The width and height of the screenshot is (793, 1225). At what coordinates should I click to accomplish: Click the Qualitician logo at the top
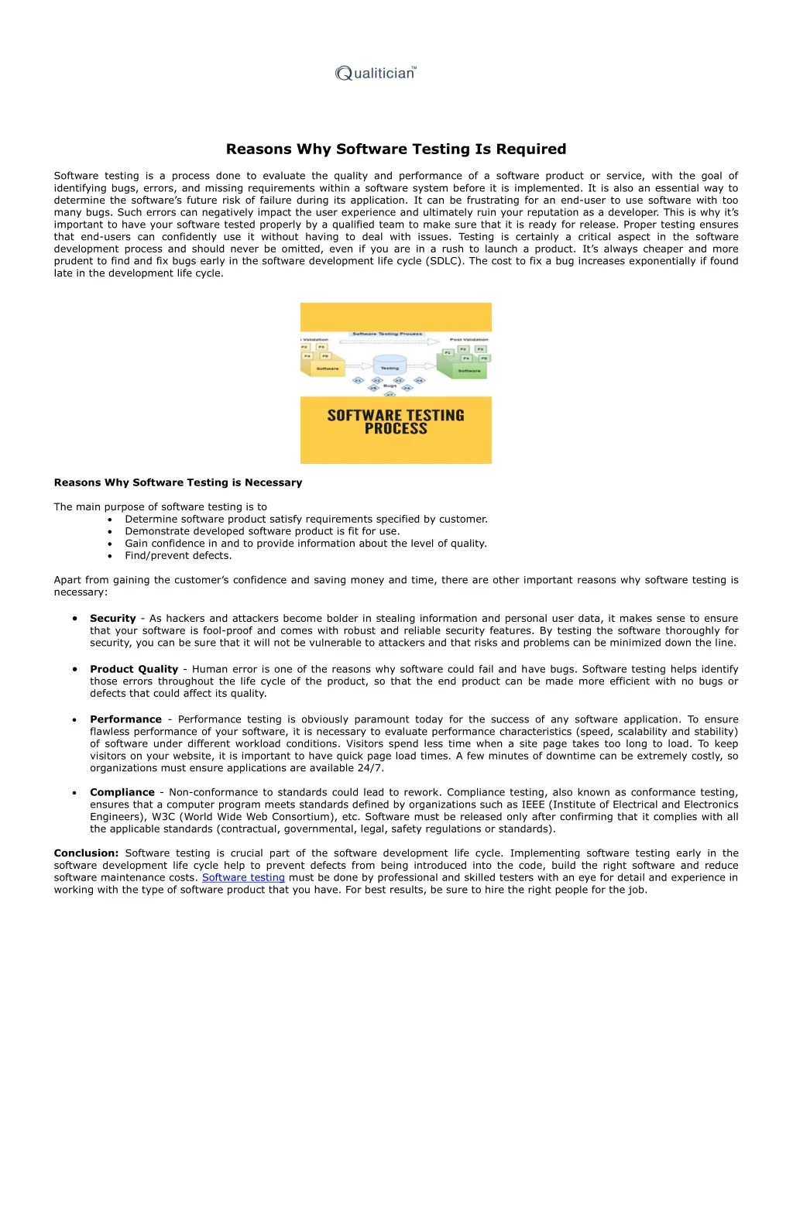376,74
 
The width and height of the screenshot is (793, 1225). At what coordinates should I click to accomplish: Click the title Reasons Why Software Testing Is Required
396,149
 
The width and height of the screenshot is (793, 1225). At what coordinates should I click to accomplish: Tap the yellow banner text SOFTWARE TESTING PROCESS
396,422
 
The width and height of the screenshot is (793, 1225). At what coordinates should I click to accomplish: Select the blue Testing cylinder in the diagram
390,365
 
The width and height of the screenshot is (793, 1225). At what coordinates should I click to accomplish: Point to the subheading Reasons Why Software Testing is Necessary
178,482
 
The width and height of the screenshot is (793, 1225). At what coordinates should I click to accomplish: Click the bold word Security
112,619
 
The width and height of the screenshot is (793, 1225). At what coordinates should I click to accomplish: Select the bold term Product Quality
133,669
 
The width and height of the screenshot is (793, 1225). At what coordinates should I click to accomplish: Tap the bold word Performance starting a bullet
125,719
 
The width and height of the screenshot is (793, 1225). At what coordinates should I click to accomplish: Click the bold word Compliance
122,792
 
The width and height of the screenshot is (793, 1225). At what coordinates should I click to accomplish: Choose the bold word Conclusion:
86,853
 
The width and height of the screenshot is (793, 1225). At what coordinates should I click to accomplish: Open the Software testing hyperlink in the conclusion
243,877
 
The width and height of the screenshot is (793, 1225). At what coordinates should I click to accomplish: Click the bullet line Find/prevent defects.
178,556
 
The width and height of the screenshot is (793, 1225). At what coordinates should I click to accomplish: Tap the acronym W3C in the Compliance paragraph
163,817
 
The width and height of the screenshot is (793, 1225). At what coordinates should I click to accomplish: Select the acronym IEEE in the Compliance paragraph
534,805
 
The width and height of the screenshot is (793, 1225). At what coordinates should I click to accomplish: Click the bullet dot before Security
74,619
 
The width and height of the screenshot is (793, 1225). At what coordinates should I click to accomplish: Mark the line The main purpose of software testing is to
160,507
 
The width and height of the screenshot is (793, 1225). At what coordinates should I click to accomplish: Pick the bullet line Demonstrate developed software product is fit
262,531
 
